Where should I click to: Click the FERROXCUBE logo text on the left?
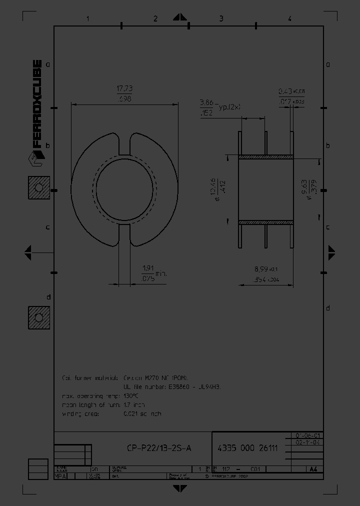pyautogui.click(x=36, y=104)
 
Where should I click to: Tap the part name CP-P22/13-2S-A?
pyautogui.click(x=159, y=448)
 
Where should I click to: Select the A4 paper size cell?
pyautogui.click(x=313, y=469)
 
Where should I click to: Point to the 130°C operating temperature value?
pyautogui.click(x=131, y=395)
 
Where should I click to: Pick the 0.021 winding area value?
pyautogui.click(x=142, y=413)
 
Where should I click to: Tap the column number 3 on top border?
pyautogui.click(x=221, y=19)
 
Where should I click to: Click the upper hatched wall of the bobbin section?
pyautogui.click(x=265, y=156)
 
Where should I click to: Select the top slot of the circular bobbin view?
pyautogui.click(x=124, y=144)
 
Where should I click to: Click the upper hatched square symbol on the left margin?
pyautogui.click(x=38, y=188)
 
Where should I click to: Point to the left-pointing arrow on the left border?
pyautogui.click(x=28, y=252)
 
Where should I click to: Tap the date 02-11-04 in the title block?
pyautogui.click(x=308, y=442)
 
